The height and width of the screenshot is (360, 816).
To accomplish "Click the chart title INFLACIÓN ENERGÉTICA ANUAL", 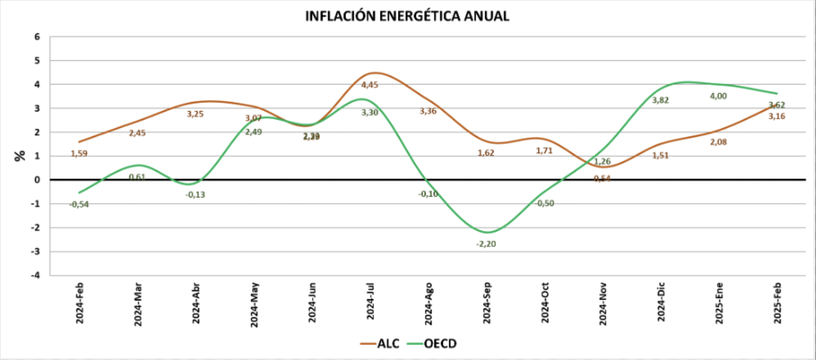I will [x=407, y=16].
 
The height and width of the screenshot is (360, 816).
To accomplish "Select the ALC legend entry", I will [x=380, y=343].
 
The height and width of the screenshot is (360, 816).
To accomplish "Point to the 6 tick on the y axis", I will [x=37, y=37].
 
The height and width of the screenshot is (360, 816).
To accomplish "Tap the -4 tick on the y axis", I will [x=36, y=275].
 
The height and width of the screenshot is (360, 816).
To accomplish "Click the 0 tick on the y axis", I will [x=37, y=180].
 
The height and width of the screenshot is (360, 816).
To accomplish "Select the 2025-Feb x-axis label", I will [x=777, y=303].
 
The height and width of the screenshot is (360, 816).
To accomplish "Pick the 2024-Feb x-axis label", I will [x=79, y=303].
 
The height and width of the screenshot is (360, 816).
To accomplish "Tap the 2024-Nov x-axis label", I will [x=602, y=304].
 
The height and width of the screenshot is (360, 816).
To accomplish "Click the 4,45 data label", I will [x=370, y=85].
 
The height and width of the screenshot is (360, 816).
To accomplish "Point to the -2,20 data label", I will [x=486, y=244].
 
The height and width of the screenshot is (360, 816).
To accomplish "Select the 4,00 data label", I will [x=718, y=96].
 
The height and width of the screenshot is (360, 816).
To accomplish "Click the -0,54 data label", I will [x=79, y=204].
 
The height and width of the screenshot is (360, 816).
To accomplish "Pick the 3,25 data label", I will [x=195, y=114].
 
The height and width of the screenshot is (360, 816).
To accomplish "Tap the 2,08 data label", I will [x=718, y=142].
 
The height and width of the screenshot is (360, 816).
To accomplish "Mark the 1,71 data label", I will [x=544, y=151].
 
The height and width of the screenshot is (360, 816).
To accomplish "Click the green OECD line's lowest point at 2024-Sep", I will [x=486, y=232].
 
